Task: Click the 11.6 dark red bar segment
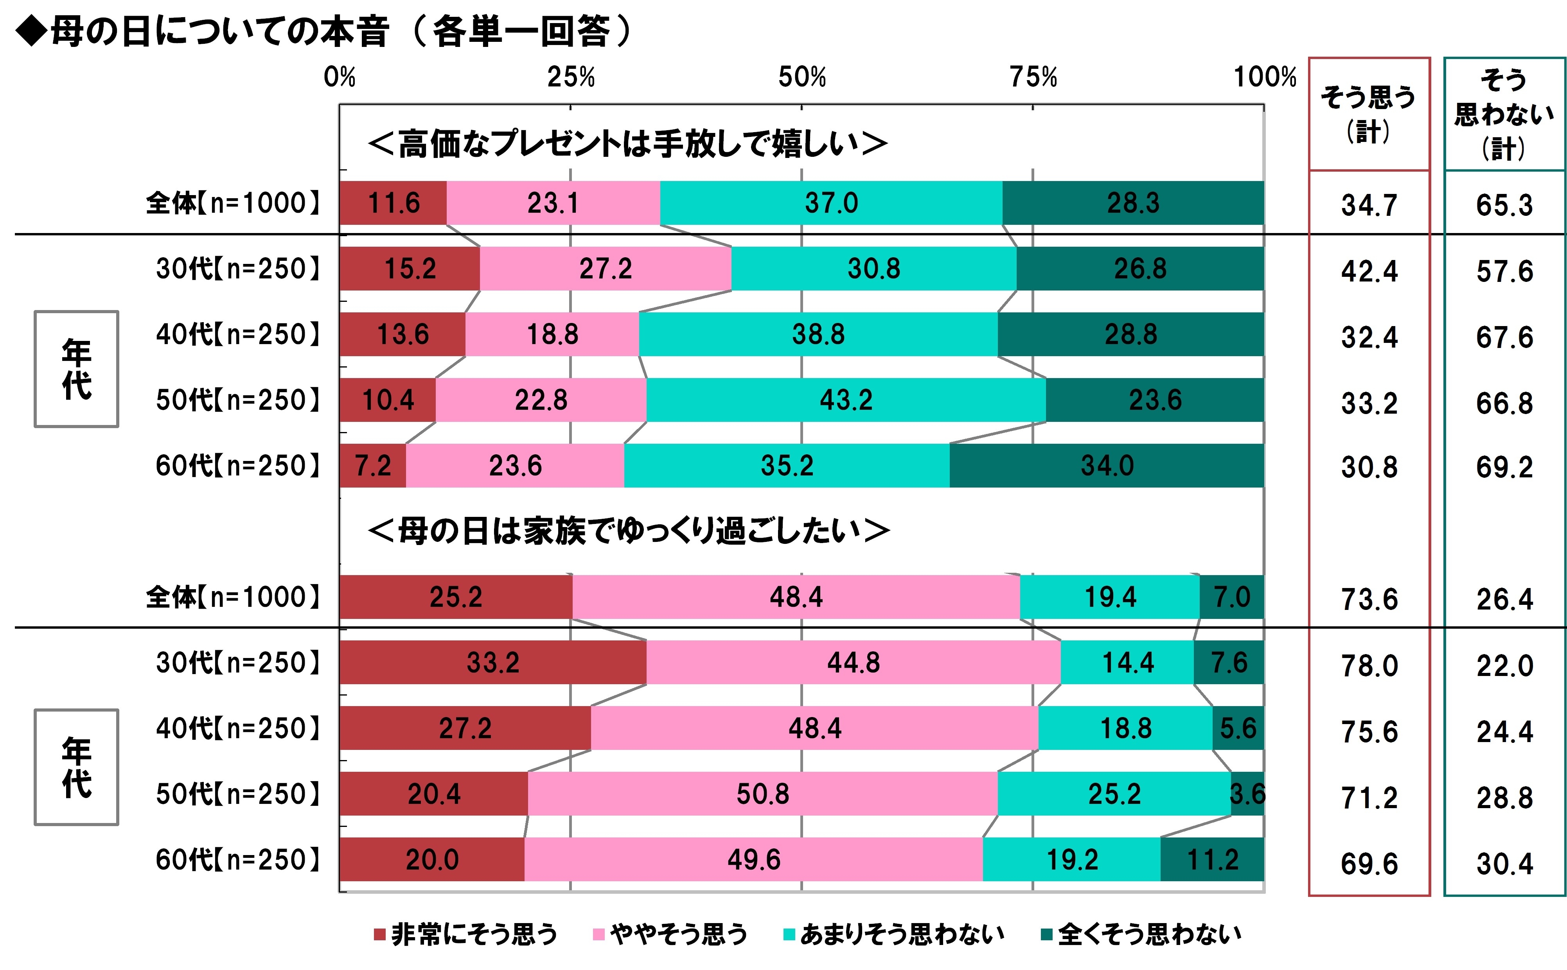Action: [393, 203]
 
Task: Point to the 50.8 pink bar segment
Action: [762, 794]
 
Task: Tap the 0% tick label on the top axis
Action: [340, 78]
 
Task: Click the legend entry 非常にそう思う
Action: [466, 934]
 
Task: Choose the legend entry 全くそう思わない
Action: [1141, 934]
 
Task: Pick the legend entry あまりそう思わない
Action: [894, 934]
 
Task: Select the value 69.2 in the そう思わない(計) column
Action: [1504, 468]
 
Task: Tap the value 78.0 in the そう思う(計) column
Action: [1369, 666]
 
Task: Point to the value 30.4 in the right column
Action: [1504, 864]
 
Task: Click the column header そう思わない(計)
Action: [1504, 114]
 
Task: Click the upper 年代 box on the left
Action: [76, 369]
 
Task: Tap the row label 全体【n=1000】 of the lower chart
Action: [233, 597]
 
